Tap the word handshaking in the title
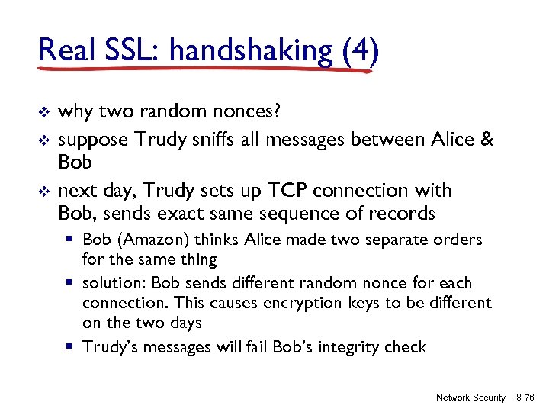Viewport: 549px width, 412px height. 251,51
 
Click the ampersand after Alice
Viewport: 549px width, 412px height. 485,139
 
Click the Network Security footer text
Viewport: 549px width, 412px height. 470,398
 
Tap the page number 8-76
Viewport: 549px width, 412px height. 525,398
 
